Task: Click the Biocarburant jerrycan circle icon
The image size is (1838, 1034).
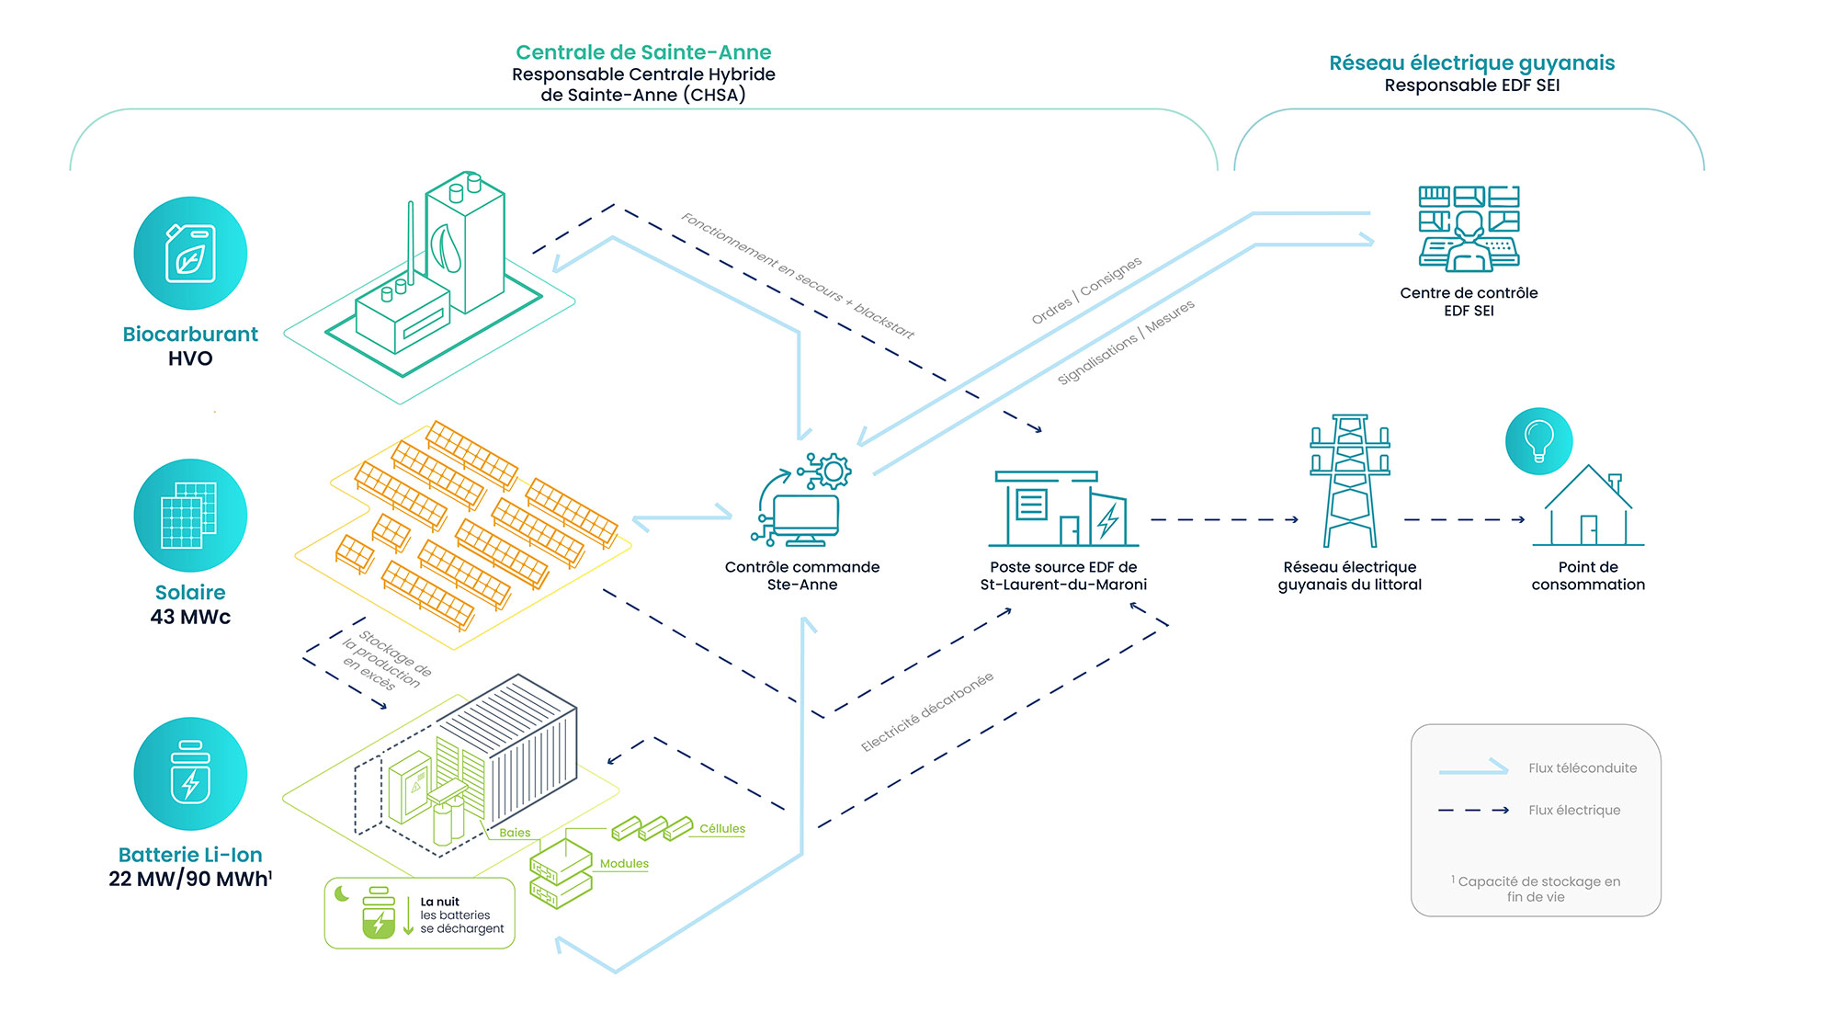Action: [x=190, y=253]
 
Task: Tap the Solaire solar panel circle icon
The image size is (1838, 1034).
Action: [x=190, y=515]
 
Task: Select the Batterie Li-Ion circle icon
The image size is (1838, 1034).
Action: [x=190, y=773]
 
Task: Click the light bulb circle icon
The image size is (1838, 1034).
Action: [x=1538, y=441]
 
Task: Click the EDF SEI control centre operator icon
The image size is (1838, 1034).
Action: [x=1469, y=230]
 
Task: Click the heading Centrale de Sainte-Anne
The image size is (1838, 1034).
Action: [x=643, y=52]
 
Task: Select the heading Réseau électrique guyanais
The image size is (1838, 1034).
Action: [x=1471, y=62]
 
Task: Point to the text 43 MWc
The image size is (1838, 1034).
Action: [x=190, y=617]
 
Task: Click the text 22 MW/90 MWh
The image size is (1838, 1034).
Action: [x=188, y=879]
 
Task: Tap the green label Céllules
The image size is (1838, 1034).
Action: [x=722, y=828]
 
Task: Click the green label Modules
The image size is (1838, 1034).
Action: [x=624, y=863]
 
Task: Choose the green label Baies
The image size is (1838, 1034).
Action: [x=515, y=833]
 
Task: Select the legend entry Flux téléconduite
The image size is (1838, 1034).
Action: [x=1582, y=767]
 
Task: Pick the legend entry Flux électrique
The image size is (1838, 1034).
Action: [x=1573, y=810]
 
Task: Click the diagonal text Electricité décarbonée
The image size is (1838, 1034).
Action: [x=927, y=712]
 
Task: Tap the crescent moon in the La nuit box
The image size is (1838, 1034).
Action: [x=342, y=893]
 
